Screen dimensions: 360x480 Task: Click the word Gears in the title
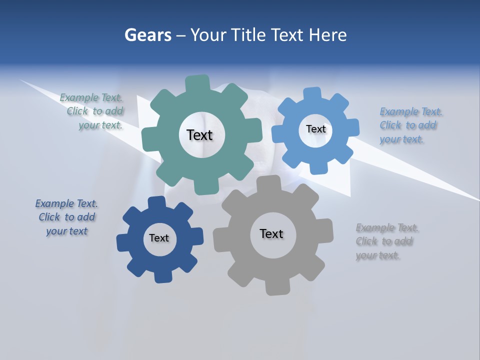(147, 35)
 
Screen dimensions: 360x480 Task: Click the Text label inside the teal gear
(199, 135)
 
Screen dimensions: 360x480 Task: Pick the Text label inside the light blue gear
(315, 129)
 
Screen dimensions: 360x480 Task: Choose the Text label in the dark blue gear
(159, 238)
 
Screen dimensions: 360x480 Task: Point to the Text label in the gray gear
(271, 233)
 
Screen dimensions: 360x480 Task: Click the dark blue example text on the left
(66, 217)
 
